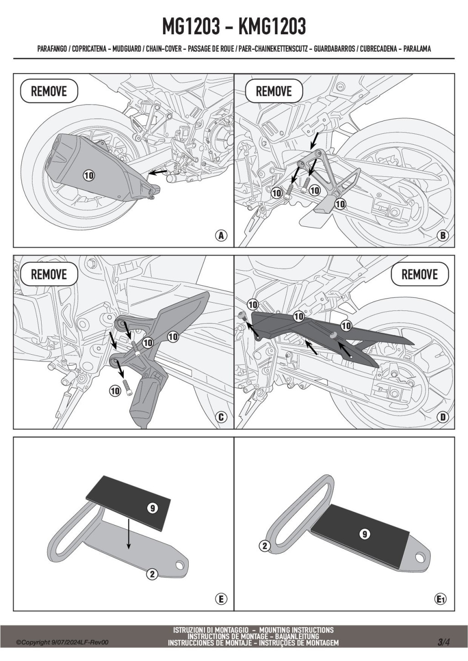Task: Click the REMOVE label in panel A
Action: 49,91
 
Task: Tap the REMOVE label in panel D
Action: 420,274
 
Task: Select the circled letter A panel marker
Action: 221,236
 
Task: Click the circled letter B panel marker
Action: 442,236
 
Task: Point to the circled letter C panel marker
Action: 221,417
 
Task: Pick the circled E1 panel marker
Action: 441,599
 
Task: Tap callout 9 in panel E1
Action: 364,534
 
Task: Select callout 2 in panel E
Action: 152,574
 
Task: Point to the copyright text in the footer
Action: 62,642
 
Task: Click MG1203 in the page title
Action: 191,28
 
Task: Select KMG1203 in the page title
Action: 272,28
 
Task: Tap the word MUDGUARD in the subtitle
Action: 126,49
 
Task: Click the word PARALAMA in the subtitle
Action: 417,49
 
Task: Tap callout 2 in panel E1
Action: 265,546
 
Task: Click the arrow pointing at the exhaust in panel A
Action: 158,172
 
